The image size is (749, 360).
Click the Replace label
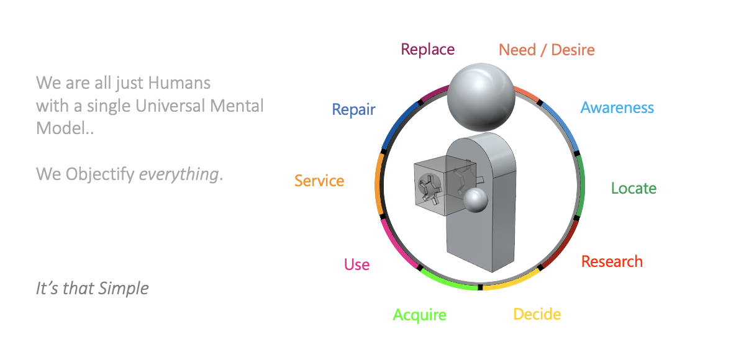point(427,50)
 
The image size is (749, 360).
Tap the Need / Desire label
point(547,50)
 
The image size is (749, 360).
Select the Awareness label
point(617,108)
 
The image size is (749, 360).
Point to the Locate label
point(633,188)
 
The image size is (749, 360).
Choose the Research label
point(612,261)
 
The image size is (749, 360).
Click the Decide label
point(537,314)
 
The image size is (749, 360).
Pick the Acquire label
point(419,315)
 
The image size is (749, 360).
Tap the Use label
point(356,265)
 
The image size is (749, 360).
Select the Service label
point(319,181)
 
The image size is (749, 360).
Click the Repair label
point(353,110)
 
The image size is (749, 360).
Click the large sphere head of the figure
point(481,97)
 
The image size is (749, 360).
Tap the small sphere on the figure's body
point(474,200)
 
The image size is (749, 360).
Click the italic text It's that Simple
point(92,289)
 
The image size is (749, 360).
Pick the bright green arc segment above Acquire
point(448,282)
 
